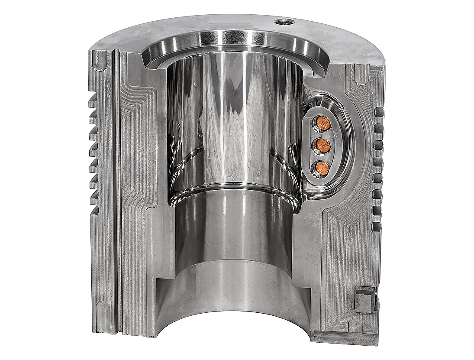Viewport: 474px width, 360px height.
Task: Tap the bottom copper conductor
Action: tap(321, 166)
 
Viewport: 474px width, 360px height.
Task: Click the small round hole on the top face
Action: tap(284, 21)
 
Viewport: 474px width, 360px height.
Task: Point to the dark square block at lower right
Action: tap(364, 299)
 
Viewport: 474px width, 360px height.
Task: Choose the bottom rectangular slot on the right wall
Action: tap(377, 226)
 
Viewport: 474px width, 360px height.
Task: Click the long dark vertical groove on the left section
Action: tap(116, 191)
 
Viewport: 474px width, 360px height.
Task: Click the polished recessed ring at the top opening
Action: tap(234, 43)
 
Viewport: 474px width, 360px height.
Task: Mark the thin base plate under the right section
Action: tap(342, 336)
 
